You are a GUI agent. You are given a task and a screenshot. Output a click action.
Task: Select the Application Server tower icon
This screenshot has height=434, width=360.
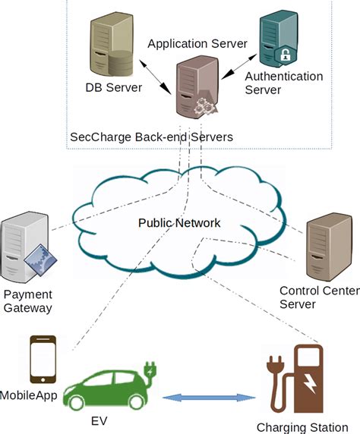tap(196, 90)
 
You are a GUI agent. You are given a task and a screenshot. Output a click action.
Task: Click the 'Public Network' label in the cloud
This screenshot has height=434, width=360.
tap(179, 223)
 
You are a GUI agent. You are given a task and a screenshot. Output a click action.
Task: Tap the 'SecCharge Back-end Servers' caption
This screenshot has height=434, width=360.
tap(151, 137)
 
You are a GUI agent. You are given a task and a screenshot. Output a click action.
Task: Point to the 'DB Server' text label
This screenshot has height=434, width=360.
tap(113, 88)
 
